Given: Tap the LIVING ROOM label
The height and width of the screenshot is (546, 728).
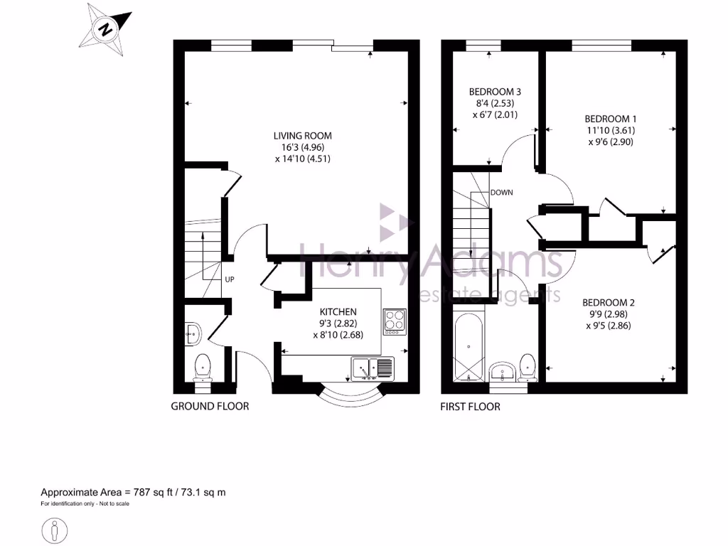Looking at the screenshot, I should pos(302,147).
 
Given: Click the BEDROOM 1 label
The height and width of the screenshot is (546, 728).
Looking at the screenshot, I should pos(609,130).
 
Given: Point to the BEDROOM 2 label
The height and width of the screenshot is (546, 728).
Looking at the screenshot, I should pos(609,314).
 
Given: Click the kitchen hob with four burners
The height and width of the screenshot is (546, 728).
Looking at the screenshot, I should pos(394,321).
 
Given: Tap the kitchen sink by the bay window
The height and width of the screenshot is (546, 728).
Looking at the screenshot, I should pos(373,368).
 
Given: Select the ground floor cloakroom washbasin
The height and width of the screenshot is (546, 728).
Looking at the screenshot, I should pos(193,331).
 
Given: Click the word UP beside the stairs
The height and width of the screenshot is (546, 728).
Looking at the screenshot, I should pos(230,279).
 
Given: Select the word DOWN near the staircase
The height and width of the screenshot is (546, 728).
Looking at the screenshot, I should pos(501,193).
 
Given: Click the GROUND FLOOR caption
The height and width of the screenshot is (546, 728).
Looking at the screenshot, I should pos(210,407).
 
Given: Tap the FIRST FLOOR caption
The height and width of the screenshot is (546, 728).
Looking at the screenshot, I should pos(470,407).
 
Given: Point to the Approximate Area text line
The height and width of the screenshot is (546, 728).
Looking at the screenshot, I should pos(133,492).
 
